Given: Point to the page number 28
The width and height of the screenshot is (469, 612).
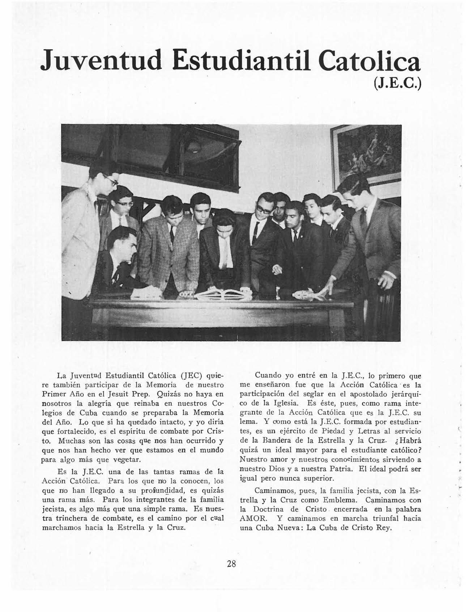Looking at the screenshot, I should (x=231, y=563).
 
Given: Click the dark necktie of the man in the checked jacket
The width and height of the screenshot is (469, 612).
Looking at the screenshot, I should (x=172, y=233).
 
